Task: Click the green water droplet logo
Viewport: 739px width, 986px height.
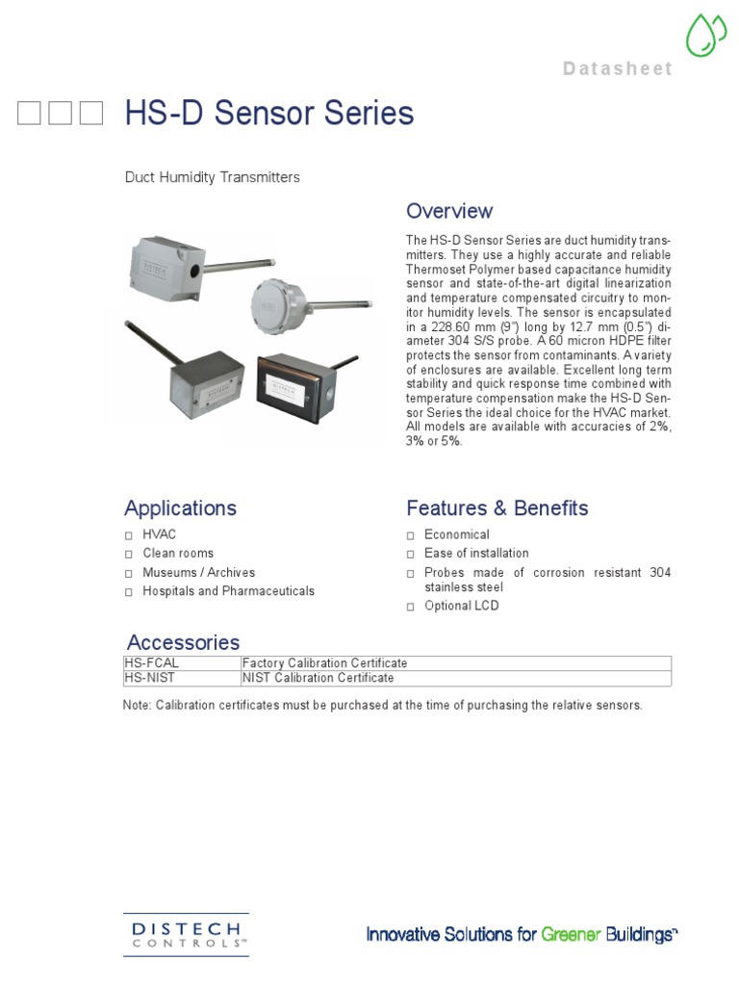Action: pyautogui.click(x=706, y=36)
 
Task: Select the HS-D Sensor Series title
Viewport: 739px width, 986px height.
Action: pyautogui.click(x=269, y=114)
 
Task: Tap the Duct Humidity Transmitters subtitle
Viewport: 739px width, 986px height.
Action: pyautogui.click(x=212, y=177)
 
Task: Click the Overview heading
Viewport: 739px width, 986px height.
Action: pyautogui.click(x=449, y=211)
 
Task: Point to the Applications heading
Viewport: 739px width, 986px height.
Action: pyautogui.click(x=180, y=507)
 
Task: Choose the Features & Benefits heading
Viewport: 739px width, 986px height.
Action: pyautogui.click(x=497, y=507)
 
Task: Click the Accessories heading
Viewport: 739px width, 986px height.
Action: pyautogui.click(x=183, y=642)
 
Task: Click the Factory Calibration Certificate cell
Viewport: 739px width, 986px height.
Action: pyautogui.click(x=325, y=663)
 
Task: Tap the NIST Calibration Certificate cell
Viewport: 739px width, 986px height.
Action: pyautogui.click(x=319, y=678)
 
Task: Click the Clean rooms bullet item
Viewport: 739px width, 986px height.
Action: pyautogui.click(x=178, y=554)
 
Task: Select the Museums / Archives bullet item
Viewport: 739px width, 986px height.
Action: pyautogui.click(x=198, y=572)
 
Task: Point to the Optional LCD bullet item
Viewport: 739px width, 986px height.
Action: pyautogui.click(x=462, y=606)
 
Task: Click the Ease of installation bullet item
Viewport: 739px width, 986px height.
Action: pyautogui.click(x=476, y=554)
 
